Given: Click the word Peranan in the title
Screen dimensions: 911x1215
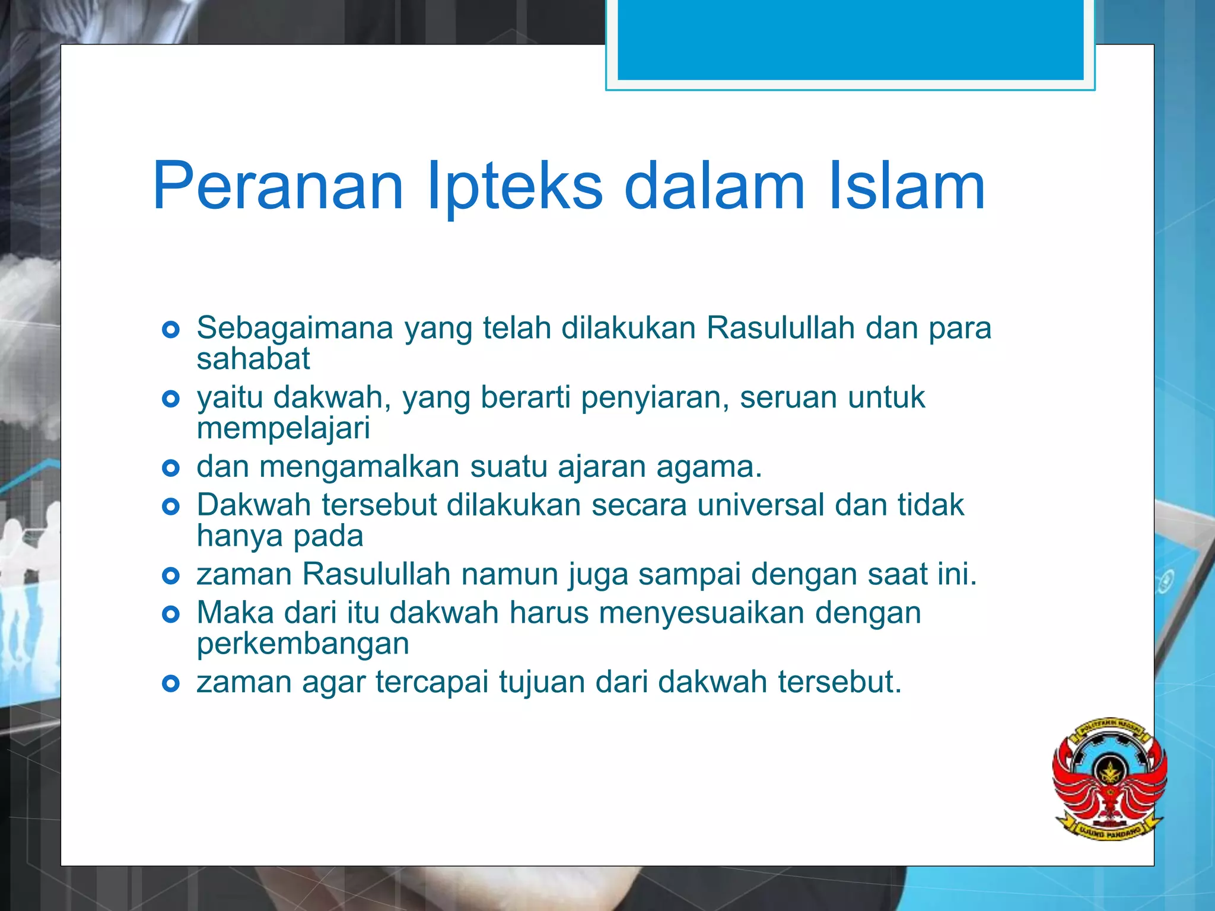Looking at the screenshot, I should point(278,186).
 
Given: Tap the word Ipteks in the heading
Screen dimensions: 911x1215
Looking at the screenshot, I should point(514,186).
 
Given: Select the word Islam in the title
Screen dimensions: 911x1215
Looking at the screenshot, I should point(906,186).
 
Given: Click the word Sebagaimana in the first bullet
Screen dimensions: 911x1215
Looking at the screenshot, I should point(295,328).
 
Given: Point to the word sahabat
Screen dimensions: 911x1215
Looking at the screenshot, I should point(253,359).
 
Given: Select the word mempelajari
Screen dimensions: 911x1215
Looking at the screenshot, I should point(284,428).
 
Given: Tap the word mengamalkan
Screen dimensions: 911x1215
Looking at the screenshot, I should point(359,467).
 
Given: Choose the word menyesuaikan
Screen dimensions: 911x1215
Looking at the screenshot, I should point(701,613).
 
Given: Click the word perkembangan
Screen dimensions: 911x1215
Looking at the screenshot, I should point(303,644).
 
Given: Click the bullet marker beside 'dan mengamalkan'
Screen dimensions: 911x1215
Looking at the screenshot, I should point(171,469).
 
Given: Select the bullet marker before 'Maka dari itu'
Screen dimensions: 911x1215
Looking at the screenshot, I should point(171,614).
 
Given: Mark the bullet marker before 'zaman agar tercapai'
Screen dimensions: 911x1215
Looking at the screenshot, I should point(171,684).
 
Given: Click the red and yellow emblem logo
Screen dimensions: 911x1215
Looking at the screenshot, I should point(1109,778).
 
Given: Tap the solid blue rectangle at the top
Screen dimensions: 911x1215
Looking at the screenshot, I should point(850,39).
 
